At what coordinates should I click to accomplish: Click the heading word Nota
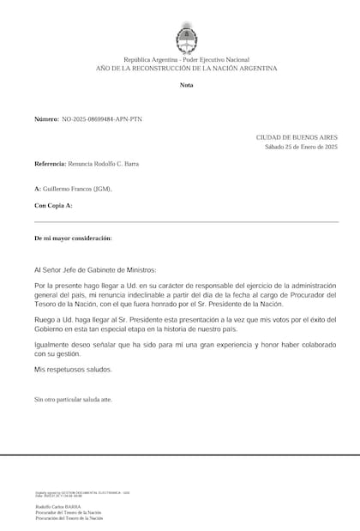[186, 86]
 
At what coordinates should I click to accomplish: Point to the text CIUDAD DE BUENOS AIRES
[297, 136]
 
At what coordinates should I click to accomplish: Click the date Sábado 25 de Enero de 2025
[301, 147]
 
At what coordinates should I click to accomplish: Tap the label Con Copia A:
[53, 206]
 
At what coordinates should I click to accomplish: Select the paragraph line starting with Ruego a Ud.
[185, 320]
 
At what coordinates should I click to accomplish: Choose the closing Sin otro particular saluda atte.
[72, 399]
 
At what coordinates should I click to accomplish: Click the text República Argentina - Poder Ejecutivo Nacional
[186, 58]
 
